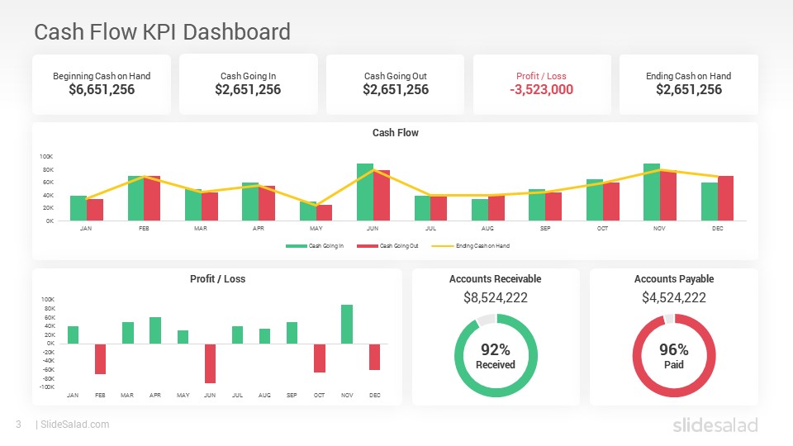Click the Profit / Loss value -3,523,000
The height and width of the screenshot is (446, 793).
tap(541, 90)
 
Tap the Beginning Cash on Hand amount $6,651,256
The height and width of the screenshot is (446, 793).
tap(102, 90)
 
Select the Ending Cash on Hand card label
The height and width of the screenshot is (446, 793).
tap(688, 76)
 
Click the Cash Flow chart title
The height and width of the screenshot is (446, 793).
tap(395, 133)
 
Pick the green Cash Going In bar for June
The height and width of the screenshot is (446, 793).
tap(364, 192)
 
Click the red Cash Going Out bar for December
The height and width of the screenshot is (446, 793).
tap(725, 198)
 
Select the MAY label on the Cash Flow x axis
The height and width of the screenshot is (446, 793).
tap(316, 229)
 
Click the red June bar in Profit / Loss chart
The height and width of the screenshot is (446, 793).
tap(210, 363)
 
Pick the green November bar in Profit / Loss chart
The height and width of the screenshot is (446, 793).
tap(347, 325)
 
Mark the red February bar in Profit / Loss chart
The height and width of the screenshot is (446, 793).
tap(100, 359)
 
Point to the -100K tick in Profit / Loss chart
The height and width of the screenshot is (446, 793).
tap(47, 387)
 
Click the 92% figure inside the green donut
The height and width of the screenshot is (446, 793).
tap(496, 350)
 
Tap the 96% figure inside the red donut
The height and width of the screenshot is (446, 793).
tap(673, 350)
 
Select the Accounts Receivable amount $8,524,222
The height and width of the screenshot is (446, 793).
tap(496, 298)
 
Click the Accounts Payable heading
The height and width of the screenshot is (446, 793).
tap(673, 279)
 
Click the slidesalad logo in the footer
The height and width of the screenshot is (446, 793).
tap(714, 425)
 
